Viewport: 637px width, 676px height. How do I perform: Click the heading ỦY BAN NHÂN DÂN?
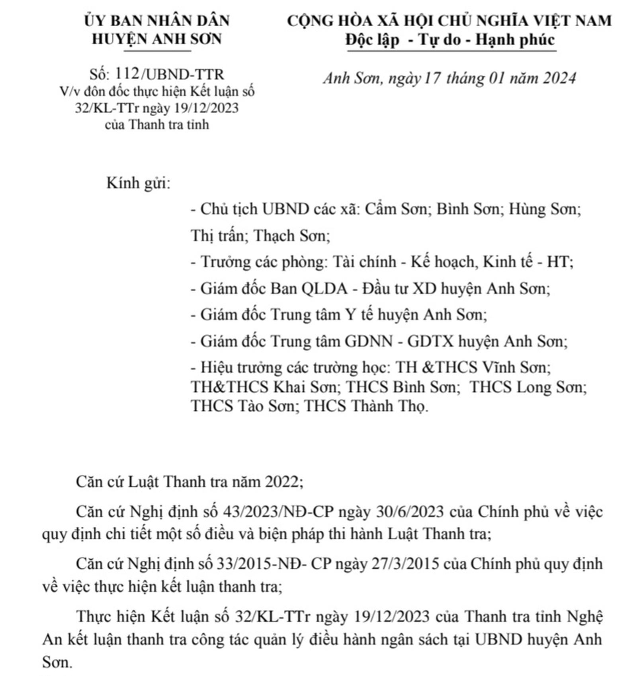coord(156,21)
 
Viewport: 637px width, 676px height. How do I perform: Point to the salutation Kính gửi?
coord(138,183)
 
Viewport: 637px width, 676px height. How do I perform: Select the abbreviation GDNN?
coord(369,341)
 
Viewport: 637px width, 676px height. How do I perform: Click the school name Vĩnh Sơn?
coord(516,367)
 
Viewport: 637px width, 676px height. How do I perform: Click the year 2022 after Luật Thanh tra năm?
coord(284,482)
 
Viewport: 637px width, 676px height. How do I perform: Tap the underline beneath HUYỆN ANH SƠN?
coord(157,51)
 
